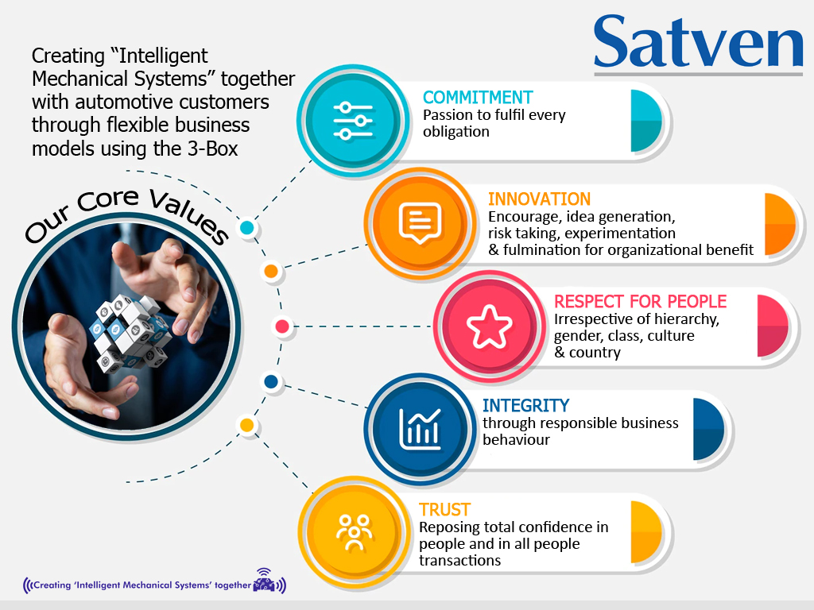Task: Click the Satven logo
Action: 698,41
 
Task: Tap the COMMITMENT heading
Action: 478,98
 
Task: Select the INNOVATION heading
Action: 539,199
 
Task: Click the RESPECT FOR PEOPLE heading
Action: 640,302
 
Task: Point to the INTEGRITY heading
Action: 525,406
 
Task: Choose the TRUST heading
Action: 444,510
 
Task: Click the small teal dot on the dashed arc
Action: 246,228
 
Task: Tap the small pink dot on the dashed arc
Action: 281,326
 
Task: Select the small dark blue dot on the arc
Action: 270,382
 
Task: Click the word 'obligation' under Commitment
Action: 455,131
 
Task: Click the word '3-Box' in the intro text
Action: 215,149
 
